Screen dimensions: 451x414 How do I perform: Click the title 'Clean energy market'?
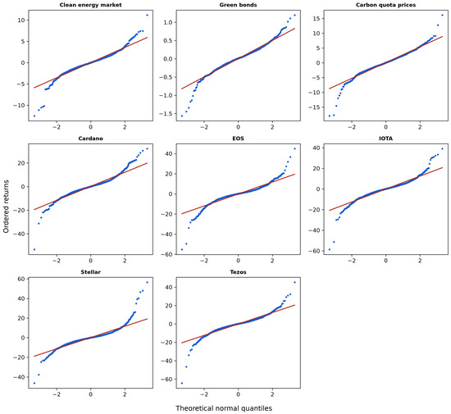coord(90,5)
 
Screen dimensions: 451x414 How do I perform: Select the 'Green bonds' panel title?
coord(238,5)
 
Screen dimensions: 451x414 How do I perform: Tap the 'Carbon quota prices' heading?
coord(385,5)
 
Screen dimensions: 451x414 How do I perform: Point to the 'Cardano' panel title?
coord(90,139)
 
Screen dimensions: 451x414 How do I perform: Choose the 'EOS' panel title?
coord(238,139)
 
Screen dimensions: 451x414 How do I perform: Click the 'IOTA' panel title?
coord(385,139)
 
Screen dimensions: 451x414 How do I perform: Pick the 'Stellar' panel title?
coord(90,272)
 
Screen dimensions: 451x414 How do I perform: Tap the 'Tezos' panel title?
coord(238,272)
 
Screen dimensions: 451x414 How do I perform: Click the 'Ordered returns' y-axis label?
coord(6,207)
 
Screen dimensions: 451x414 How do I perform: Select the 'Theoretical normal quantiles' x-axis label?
coord(224,408)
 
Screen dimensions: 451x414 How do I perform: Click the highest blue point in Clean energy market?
coord(147,15)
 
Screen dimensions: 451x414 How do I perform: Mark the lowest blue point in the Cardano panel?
coord(34,249)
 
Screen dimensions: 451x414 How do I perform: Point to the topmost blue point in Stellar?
coord(147,282)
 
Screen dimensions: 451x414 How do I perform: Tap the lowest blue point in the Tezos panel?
coord(182,383)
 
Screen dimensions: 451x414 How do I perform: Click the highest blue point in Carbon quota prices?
coord(442,15)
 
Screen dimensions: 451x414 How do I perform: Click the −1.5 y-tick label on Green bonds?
coord(162,114)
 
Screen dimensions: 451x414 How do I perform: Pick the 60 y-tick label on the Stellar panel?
coord(21,279)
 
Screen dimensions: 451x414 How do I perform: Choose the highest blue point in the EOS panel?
coord(294,148)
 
